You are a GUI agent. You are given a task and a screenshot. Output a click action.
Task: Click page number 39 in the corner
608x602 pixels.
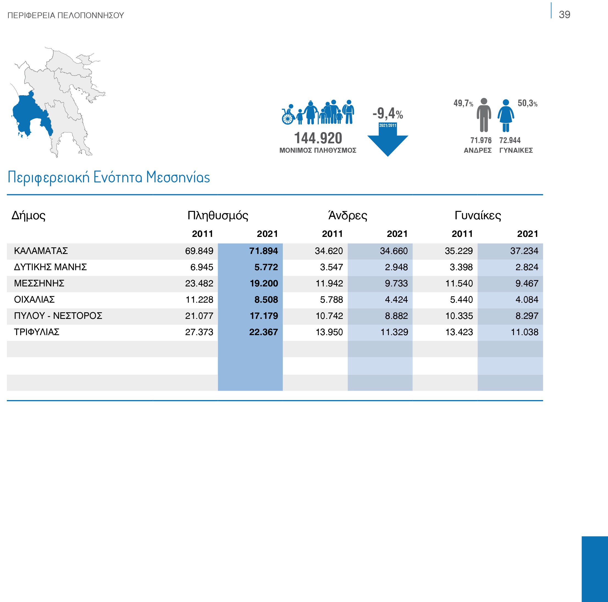tap(564, 15)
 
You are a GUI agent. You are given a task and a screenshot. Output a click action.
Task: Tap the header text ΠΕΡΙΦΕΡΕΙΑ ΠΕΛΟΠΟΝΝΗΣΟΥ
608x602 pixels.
tap(65, 15)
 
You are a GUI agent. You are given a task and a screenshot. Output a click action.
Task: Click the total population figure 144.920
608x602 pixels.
tap(318, 138)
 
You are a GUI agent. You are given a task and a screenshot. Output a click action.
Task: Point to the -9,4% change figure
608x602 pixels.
tap(387, 113)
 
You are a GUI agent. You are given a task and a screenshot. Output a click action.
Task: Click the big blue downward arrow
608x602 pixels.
tap(388, 143)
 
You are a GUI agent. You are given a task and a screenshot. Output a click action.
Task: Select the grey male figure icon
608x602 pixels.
tap(484, 115)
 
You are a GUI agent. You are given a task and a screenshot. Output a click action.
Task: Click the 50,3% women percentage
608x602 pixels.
tap(527, 103)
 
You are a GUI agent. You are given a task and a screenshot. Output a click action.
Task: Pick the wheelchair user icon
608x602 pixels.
tap(288, 115)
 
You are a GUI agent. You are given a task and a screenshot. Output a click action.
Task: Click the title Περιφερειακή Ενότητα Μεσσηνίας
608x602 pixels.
tap(109, 177)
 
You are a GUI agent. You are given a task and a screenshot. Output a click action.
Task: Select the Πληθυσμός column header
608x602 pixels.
tap(218, 215)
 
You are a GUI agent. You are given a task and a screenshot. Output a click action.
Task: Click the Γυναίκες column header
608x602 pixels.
tap(478, 215)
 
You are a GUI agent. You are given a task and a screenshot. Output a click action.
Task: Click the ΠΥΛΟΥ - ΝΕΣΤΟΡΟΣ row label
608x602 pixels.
tap(58, 316)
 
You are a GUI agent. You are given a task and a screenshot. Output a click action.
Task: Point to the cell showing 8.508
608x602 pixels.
tap(266, 300)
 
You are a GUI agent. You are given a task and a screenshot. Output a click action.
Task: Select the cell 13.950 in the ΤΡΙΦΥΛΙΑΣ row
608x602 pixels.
tap(329, 332)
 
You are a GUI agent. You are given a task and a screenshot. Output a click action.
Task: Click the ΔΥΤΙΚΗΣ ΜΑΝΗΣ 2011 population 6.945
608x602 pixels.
tap(201, 267)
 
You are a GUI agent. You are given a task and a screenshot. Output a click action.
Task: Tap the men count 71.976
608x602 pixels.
tap(480, 140)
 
